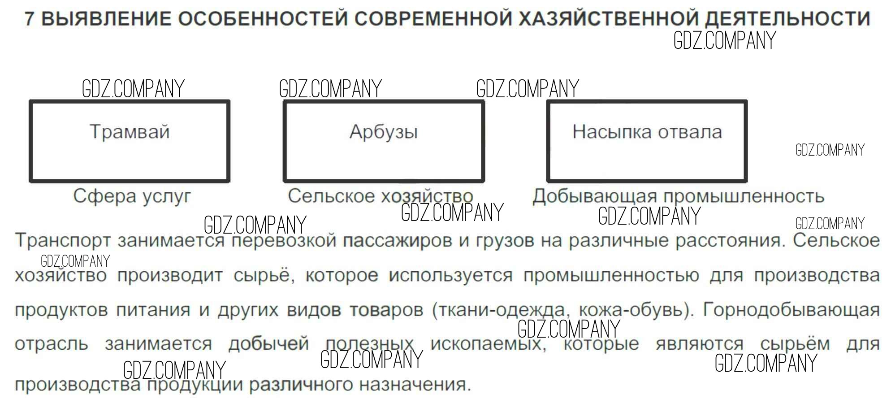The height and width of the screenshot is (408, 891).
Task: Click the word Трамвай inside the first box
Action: (x=130, y=132)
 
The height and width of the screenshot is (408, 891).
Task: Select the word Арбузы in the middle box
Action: (x=384, y=132)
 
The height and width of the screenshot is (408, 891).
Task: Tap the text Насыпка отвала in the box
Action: (x=647, y=132)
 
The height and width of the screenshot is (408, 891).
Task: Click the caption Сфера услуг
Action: (x=132, y=196)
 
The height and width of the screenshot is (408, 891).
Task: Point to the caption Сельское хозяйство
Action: (x=380, y=196)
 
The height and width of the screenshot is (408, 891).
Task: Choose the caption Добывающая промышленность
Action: (x=678, y=196)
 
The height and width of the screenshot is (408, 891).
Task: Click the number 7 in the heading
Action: (x=29, y=19)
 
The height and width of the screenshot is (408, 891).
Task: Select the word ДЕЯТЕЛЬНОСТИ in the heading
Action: (x=787, y=19)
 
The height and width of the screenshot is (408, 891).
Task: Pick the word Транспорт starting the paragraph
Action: (x=63, y=241)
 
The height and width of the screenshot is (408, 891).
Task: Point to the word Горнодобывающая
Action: (x=791, y=309)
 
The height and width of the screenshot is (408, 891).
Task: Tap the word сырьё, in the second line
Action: (x=264, y=275)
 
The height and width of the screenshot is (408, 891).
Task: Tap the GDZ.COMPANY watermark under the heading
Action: (x=725, y=40)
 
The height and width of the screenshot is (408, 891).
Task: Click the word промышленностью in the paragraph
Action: (x=611, y=275)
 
